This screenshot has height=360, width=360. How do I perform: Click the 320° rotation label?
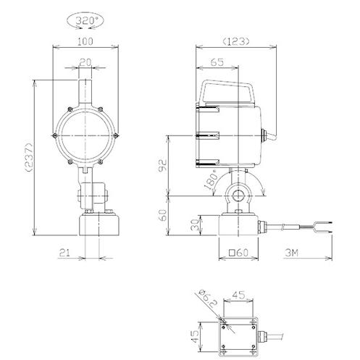pyautogui.click(x=85, y=21)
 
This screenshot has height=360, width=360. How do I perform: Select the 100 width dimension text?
pyautogui.click(x=85, y=41)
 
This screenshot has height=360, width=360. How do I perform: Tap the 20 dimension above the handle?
pyautogui.click(x=85, y=62)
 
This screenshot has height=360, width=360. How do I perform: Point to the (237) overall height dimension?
pyautogui.click(x=29, y=157)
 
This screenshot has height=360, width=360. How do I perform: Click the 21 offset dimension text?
pyautogui.click(x=64, y=253)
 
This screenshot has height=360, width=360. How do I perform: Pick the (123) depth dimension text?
pyautogui.click(x=235, y=42)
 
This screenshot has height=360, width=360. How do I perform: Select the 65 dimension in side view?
pyautogui.click(x=217, y=62)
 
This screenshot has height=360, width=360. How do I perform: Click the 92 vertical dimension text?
pyautogui.click(x=162, y=165)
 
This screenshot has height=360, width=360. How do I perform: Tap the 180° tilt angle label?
pyautogui.click(x=211, y=180)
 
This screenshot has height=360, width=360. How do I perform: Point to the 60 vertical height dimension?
pyautogui.click(x=163, y=216)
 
